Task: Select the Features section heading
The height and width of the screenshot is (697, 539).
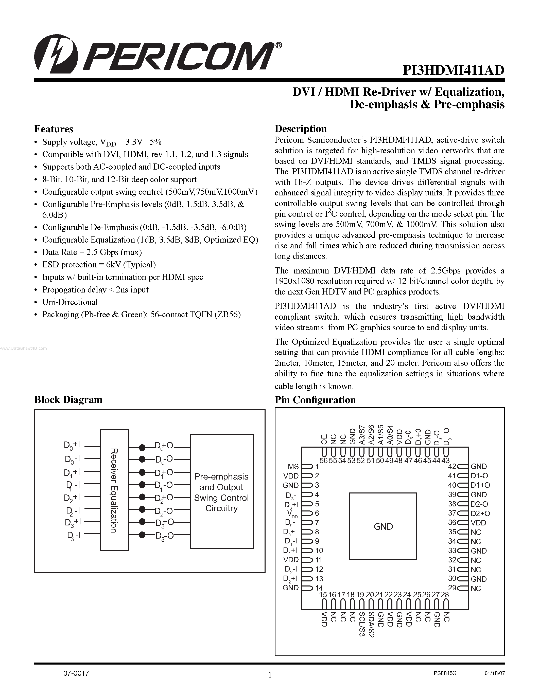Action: (x=54, y=129)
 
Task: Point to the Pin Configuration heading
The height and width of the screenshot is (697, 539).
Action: (x=315, y=400)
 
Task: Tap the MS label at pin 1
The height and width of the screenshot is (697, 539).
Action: (x=293, y=467)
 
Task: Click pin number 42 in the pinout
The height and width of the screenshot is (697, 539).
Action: (x=453, y=467)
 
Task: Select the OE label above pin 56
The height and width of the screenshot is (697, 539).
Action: (x=324, y=439)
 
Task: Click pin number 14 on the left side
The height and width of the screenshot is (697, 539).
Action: (x=319, y=588)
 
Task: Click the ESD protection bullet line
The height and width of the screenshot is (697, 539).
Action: (x=99, y=265)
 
